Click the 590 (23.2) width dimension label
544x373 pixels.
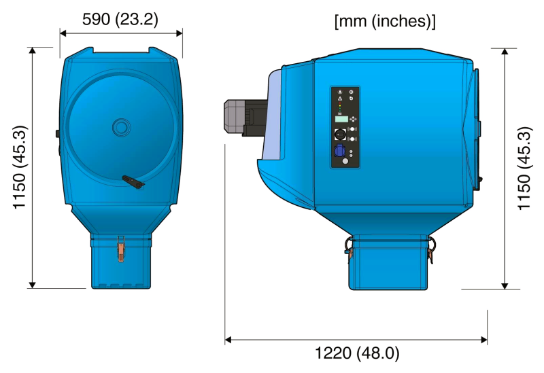(x=120, y=20)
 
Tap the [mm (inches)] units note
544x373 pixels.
(x=385, y=21)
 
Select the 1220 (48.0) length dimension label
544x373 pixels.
(x=357, y=353)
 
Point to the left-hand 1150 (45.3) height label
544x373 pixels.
(x=20, y=167)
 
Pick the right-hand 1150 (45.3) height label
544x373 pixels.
(x=524, y=168)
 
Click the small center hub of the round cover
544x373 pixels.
(x=122, y=127)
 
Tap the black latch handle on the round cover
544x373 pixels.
(x=133, y=182)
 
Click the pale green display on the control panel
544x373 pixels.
(x=341, y=120)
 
